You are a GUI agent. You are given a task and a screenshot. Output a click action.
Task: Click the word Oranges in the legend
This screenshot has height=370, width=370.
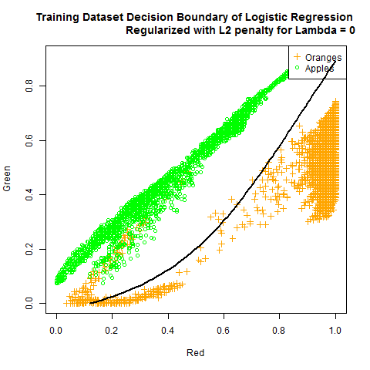pos(323,58)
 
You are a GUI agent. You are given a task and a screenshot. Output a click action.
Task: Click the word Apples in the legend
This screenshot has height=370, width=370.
pos(321,69)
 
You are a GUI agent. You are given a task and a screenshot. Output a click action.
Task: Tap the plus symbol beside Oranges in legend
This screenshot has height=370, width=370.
pos(297,58)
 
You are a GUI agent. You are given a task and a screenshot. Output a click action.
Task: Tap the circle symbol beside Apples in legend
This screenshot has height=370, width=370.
pos(297,69)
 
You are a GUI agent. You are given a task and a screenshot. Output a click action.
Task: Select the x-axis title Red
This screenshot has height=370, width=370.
pos(196,353)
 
